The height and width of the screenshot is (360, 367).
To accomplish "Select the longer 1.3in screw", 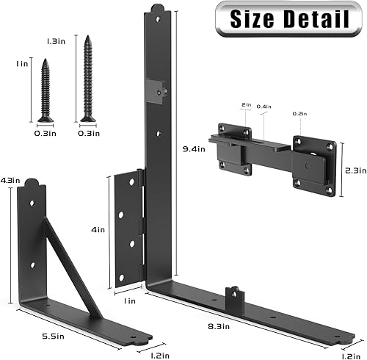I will coord(88,78).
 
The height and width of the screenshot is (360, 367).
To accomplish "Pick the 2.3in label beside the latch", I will coord(354,170).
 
